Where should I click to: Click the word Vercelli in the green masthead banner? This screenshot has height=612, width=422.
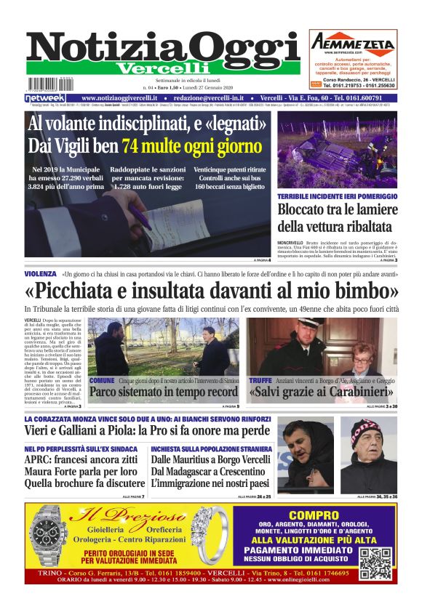pos(152,68)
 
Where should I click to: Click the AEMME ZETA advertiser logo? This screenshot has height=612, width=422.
pos(353,44)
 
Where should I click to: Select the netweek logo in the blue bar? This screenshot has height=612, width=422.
pos(45,98)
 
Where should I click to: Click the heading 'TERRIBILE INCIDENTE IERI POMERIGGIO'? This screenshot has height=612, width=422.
pos(338,196)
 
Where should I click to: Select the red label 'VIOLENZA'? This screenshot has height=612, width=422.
pos(39,274)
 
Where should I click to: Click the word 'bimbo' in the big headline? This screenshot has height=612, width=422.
pos(363,291)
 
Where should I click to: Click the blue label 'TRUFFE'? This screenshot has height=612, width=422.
pos(260,380)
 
